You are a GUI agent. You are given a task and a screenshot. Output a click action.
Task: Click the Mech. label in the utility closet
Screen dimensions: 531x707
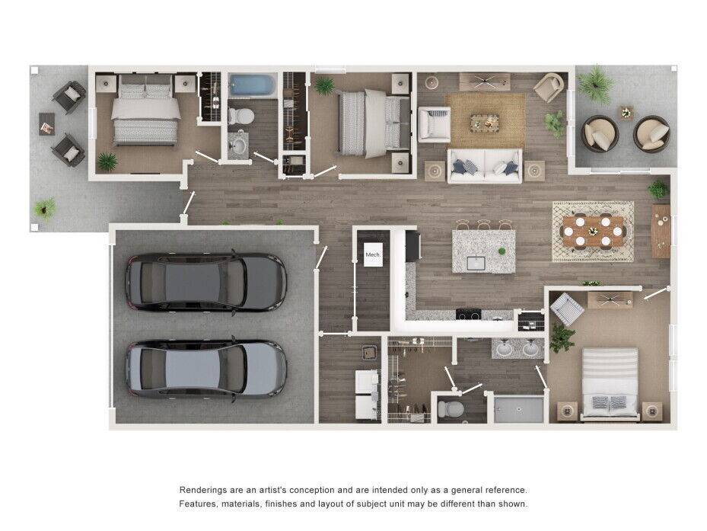pos(373,254)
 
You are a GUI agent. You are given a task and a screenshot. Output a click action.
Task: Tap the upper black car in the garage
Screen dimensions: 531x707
pos(205,281)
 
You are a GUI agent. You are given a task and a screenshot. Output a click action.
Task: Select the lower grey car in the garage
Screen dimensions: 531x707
pos(205,369)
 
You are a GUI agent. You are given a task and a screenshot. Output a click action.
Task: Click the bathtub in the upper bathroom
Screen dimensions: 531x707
pos(253,85)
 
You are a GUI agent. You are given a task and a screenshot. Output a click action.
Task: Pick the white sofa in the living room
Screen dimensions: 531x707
pos(484,165)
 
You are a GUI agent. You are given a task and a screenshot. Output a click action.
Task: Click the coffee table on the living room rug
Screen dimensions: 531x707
pos(484,122)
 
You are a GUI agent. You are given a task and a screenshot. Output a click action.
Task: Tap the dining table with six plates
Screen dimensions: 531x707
pos(594,229)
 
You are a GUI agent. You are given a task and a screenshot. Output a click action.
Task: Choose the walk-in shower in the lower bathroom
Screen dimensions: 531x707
pos(517,408)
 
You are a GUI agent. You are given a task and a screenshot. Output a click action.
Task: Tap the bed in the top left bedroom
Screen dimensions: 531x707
pos(146,112)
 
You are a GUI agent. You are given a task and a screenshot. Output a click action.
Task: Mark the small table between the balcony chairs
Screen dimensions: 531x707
pos(626,114)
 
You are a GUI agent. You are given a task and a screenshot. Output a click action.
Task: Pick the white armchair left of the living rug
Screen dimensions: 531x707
pos(434,124)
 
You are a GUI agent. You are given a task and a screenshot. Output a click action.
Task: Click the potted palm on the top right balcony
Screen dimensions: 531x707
pos(596,82)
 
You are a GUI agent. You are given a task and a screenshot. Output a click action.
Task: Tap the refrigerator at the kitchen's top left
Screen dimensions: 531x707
pos(412,245)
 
